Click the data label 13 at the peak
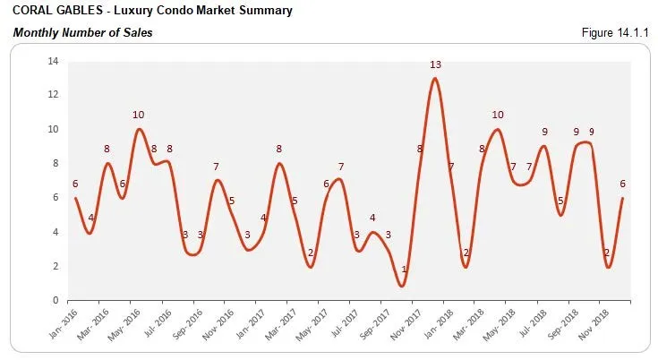coord(435,64)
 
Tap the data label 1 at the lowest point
coord(405,270)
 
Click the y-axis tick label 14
coord(53,61)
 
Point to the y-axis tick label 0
coord(56,300)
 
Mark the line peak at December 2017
coord(435,79)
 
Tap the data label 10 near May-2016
coord(138,115)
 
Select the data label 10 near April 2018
coord(498,115)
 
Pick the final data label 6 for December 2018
coord(622,184)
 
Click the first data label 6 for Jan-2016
coord(75,184)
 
